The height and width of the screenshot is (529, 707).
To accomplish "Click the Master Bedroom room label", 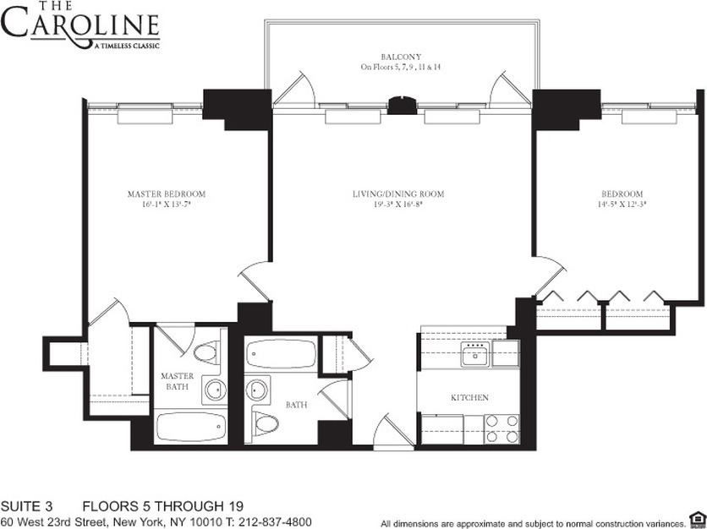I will [x=166, y=194].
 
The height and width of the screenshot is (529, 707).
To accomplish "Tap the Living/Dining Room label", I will [x=398, y=194].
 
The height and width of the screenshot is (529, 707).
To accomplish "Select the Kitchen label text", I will [x=469, y=397].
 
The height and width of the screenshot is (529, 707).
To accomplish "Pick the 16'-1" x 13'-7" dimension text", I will [x=166, y=204].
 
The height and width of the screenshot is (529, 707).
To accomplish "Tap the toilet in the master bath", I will [x=207, y=352].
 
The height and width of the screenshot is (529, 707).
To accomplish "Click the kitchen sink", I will [x=475, y=356].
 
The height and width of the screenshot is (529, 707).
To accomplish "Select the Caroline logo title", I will [x=79, y=25].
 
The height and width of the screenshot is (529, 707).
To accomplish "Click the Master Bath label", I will [x=178, y=382].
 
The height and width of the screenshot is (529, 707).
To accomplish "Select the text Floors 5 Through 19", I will [x=156, y=507].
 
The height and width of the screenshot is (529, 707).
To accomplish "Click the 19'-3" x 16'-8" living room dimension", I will [x=398, y=204].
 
